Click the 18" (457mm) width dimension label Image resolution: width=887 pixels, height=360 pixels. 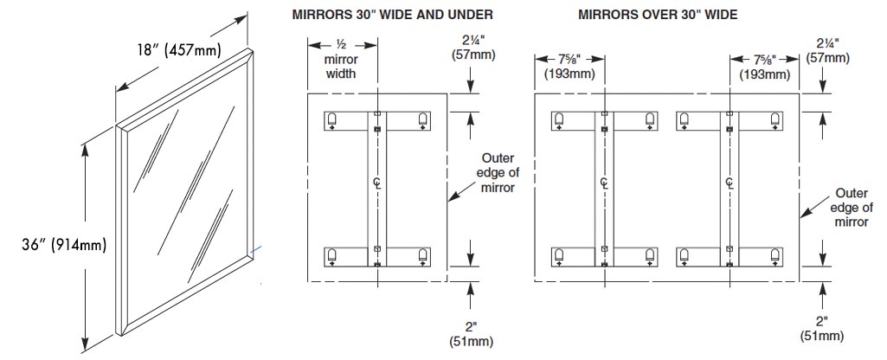click(x=178, y=51)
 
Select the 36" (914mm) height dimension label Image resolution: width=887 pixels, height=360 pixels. click(x=64, y=245)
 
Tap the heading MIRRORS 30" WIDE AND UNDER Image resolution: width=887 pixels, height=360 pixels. click(x=393, y=15)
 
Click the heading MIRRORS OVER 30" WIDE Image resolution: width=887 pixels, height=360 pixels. click(x=658, y=15)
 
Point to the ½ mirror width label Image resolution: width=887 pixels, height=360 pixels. click(x=342, y=59)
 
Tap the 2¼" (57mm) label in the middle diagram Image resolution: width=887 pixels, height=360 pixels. click(x=472, y=48)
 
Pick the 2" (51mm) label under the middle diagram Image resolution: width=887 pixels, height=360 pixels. click(x=472, y=335)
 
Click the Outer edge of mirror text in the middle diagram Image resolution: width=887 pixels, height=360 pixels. click(x=498, y=173)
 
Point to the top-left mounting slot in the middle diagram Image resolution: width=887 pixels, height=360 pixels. click(x=332, y=119)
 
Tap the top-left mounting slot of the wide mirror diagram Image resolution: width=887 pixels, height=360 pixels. click(x=559, y=119)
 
